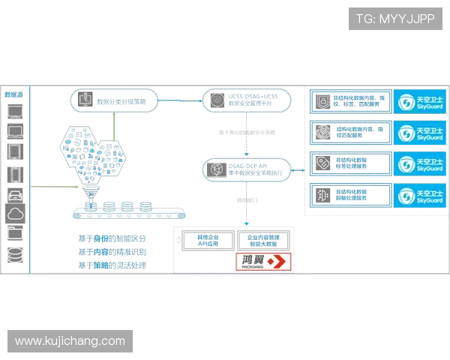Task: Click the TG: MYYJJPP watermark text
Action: point(395,18)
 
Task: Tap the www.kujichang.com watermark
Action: point(70,341)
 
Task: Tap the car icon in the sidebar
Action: point(15,195)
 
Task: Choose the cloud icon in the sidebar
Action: point(15,214)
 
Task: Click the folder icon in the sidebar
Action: point(15,235)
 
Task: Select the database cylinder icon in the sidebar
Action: point(15,255)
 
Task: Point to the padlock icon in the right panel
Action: point(322,101)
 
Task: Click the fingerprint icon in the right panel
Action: point(322,133)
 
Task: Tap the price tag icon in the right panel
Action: point(322,163)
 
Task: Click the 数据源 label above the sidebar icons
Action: point(14,95)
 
